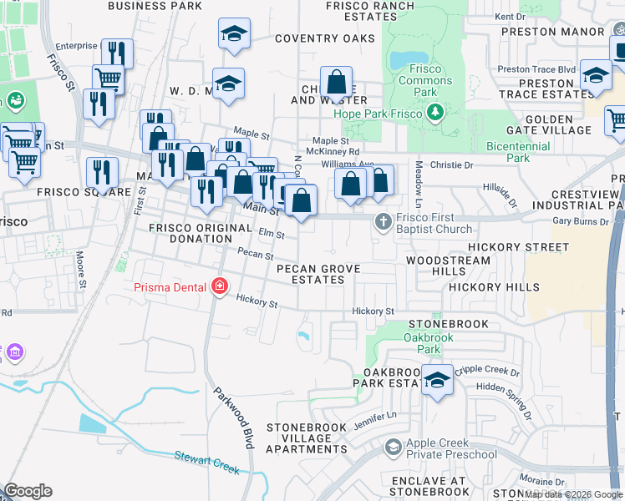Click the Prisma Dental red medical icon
220,287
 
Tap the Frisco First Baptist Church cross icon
383,221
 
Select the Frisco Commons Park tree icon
433,112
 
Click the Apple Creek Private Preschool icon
392,448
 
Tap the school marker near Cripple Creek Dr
437,380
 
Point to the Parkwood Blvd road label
232,418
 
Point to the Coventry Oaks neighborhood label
325,38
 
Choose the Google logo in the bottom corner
28,491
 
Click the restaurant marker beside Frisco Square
102,172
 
